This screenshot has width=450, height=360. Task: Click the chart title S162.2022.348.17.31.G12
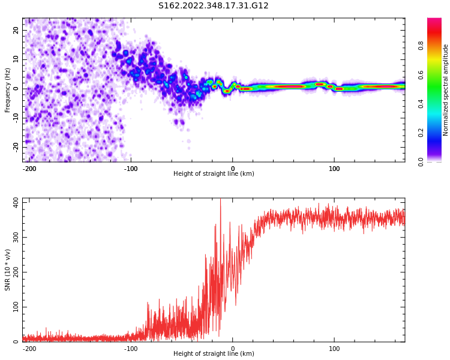(213, 6)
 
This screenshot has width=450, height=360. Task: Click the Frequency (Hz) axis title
(8, 90)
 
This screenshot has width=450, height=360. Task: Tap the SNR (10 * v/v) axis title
(8, 270)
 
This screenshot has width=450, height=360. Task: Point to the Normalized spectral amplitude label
(446, 90)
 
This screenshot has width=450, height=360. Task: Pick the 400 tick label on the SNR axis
(13, 202)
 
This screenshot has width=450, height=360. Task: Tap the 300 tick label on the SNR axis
(13, 237)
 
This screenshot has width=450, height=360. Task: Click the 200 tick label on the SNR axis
(13, 272)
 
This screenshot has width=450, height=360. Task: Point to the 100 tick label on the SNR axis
(13, 307)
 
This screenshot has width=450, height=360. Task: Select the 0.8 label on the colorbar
(421, 44)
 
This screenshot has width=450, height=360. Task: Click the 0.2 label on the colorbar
(421, 133)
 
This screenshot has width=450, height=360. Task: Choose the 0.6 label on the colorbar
(421, 74)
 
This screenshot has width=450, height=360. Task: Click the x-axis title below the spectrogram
(214, 174)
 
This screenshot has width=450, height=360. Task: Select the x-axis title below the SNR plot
(214, 354)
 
